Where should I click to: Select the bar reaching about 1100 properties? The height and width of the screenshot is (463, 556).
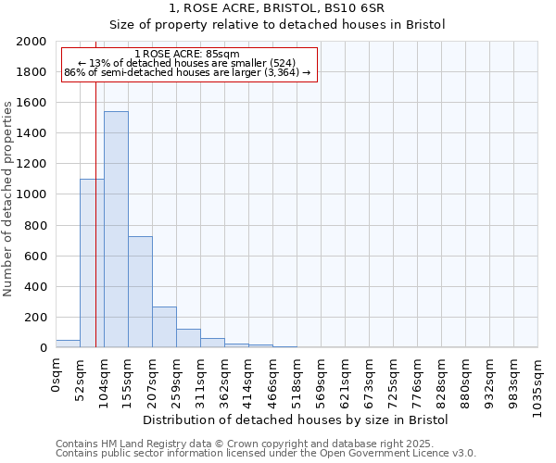pos(92,263)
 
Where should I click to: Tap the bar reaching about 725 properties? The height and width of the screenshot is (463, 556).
pos(140,292)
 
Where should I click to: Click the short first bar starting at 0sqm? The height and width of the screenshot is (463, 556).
pos(68,344)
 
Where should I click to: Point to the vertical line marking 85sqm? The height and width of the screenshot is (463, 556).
pos(95,213)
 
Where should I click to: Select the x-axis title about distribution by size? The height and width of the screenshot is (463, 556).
pos(296,420)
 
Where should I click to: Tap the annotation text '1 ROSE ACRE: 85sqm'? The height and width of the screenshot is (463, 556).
pos(188,54)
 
